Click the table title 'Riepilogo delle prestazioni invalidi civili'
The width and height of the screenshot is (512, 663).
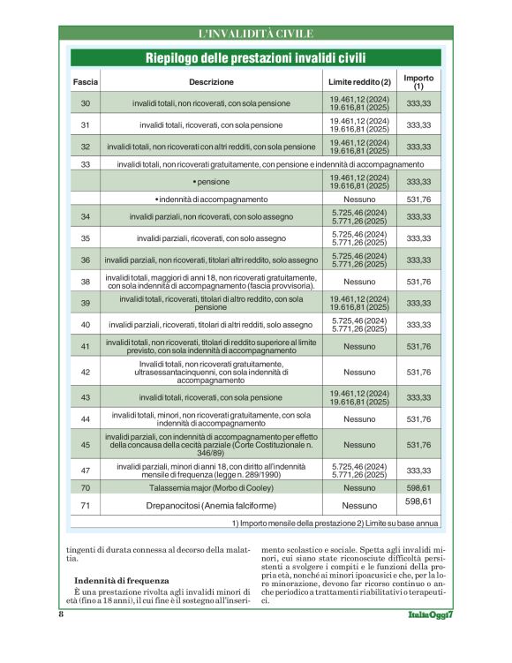coord(256,58)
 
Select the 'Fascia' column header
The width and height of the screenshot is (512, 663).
coord(86,82)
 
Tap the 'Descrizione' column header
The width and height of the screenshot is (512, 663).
coord(210,82)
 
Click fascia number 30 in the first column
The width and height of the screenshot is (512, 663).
coord(86,103)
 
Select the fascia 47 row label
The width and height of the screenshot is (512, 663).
coord(86,471)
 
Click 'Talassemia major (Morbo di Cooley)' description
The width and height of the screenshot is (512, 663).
coord(210,487)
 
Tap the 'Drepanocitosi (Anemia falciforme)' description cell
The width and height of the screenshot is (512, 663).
coord(210,505)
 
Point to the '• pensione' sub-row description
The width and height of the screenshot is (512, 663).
coord(210,181)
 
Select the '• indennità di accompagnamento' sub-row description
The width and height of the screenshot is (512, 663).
coord(210,200)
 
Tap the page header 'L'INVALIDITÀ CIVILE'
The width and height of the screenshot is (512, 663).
coord(256,34)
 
